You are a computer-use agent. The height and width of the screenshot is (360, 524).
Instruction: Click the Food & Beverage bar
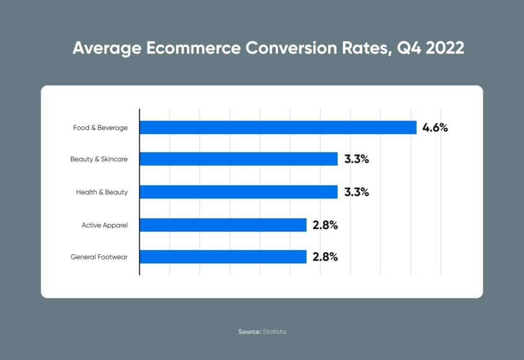pyautogui.click(x=278, y=127)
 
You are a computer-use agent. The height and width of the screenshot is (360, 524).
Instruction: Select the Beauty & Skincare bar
pyautogui.click(x=238, y=159)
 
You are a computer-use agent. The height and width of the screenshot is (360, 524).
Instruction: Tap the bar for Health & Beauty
pyautogui.click(x=238, y=192)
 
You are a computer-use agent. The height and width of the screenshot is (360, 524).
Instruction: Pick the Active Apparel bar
pyautogui.click(x=223, y=225)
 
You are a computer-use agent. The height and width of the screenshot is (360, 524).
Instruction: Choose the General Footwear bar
pyautogui.click(x=223, y=257)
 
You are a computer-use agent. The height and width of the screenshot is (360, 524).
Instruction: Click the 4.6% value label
pyautogui.click(x=435, y=127)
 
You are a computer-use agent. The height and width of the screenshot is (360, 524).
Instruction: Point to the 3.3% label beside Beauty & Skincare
pyautogui.click(x=356, y=159)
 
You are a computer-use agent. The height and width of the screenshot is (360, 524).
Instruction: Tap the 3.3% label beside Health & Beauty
pyautogui.click(x=356, y=192)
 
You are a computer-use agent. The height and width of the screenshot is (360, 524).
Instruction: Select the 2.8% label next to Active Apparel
pyautogui.click(x=325, y=225)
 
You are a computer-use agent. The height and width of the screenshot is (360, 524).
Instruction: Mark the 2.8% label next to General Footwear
pyautogui.click(x=325, y=257)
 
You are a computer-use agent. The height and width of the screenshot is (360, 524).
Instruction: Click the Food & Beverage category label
pyautogui.click(x=100, y=128)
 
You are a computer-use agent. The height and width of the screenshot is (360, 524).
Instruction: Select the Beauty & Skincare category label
pyautogui.click(x=99, y=160)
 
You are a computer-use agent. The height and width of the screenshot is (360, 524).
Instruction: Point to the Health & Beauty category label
pyautogui.click(x=102, y=192)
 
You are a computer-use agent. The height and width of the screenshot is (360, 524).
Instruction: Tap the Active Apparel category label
pyautogui.click(x=104, y=225)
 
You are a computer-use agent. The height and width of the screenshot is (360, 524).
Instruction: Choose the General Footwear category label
pyautogui.click(x=99, y=257)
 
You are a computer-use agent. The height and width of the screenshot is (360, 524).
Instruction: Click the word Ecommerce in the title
pyautogui.click(x=194, y=48)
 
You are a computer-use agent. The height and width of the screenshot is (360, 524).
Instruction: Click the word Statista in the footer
pyautogui.click(x=274, y=332)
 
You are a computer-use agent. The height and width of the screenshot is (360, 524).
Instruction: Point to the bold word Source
pyautogui.click(x=249, y=332)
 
